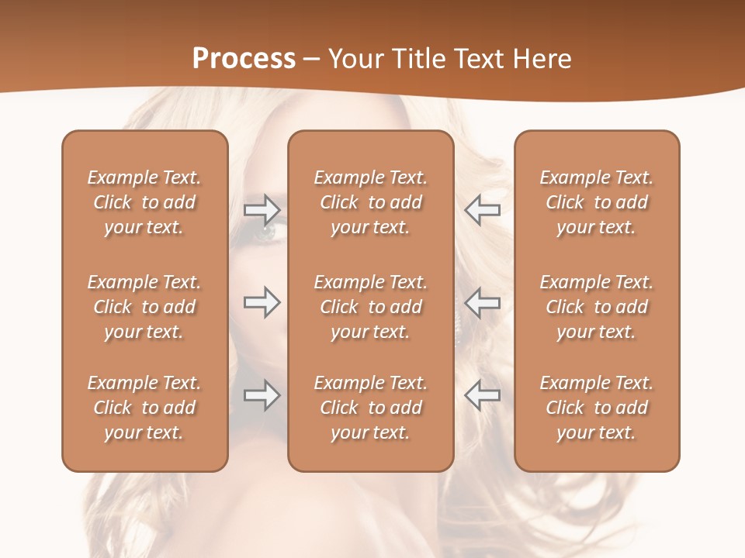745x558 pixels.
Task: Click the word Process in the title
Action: [x=244, y=59]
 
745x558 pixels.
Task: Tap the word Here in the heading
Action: [x=542, y=59]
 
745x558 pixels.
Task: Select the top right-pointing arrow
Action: [x=262, y=209]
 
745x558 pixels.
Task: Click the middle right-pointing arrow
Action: [x=262, y=301]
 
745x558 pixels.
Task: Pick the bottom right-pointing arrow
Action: [x=262, y=395]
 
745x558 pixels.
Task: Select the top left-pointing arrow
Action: [x=482, y=209]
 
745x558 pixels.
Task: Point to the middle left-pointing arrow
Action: [x=482, y=301]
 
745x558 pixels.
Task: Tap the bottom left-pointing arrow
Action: [x=482, y=395]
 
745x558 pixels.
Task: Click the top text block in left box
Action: [x=144, y=202]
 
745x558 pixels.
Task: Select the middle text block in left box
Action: [x=144, y=307]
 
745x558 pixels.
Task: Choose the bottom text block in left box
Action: [x=144, y=408]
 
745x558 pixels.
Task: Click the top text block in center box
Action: [x=370, y=202]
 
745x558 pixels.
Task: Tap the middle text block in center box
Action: [x=370, y=307]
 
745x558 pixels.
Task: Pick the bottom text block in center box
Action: [x=370, y=408]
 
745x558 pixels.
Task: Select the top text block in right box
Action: [x=596, y=202]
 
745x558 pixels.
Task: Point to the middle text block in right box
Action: [x=596, y=307]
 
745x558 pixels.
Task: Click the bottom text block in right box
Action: [x=596, y=408]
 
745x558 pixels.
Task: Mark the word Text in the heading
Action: [x=475, y=59]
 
